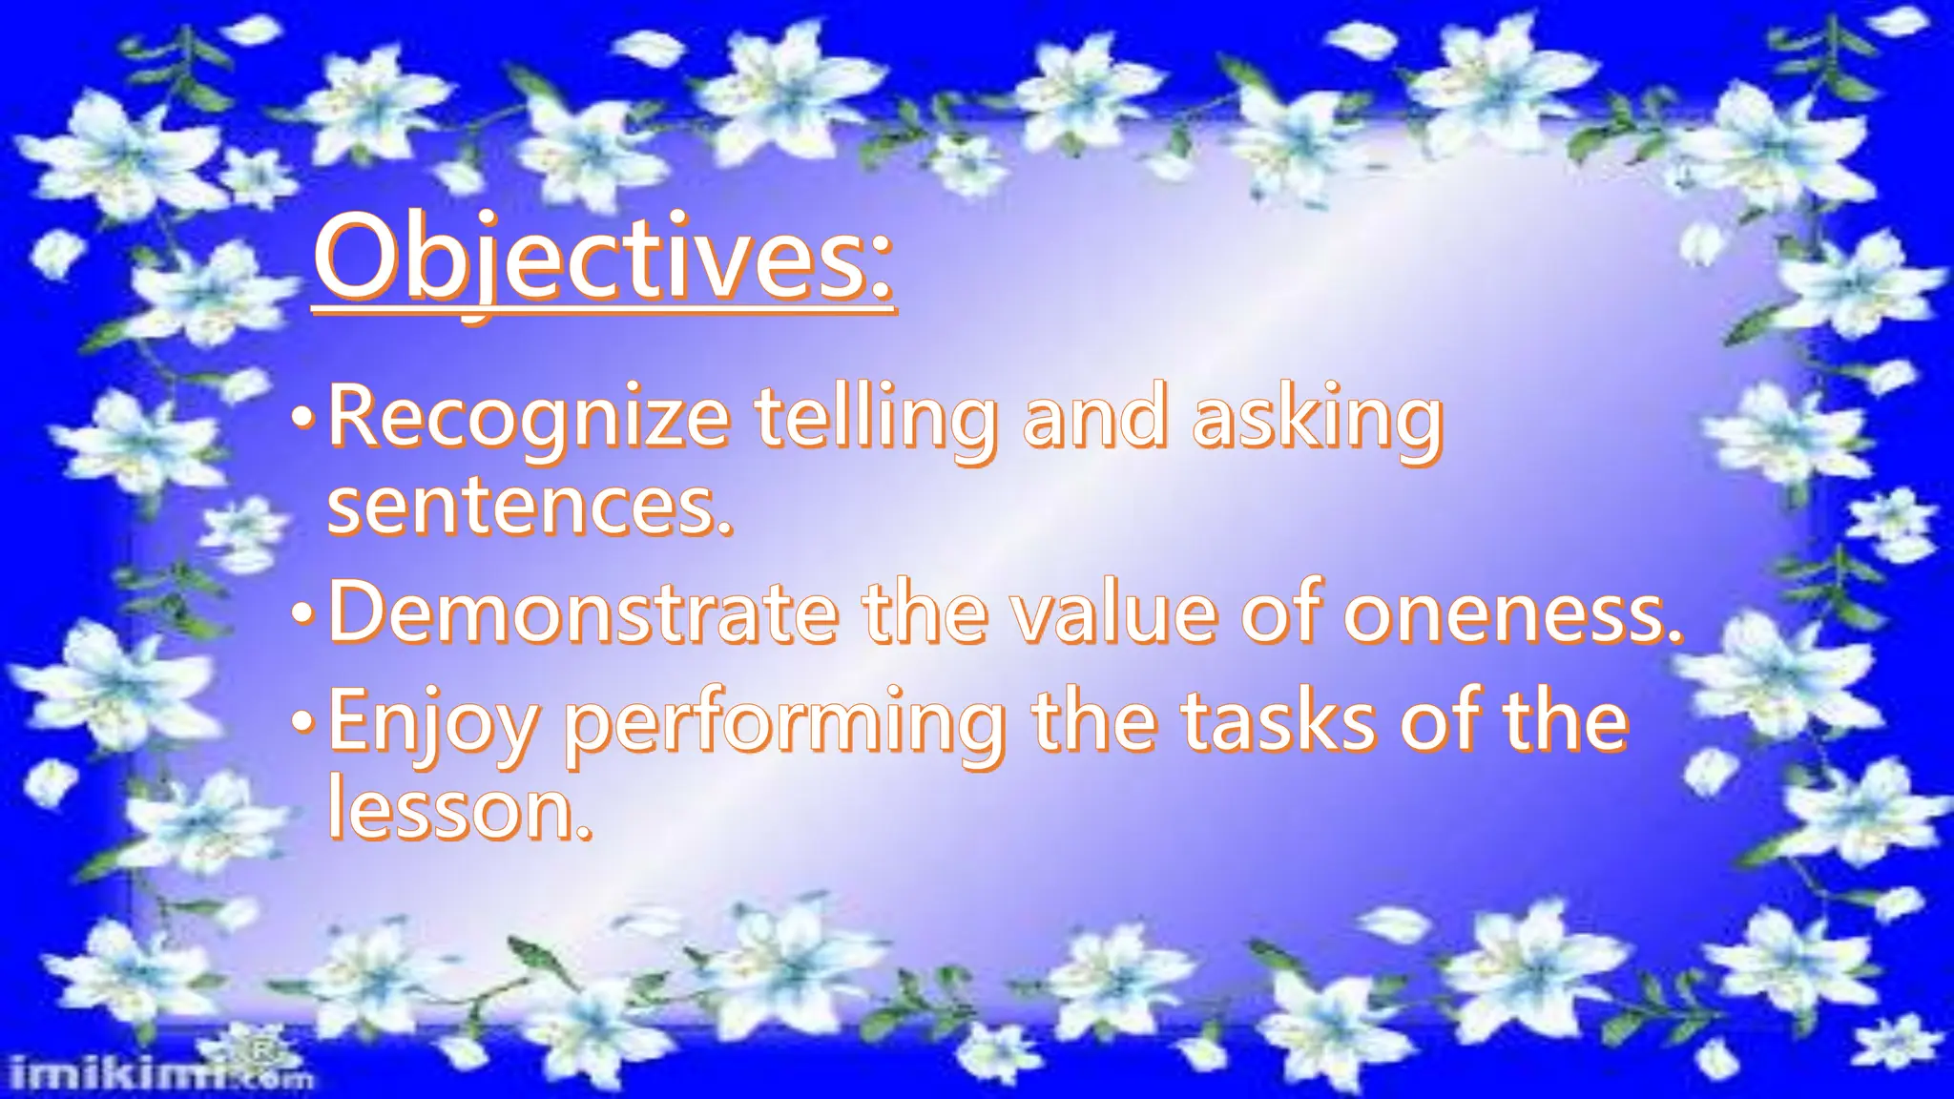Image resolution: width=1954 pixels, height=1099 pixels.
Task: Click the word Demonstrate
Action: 582,612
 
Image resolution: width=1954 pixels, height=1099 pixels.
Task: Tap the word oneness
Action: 1512,612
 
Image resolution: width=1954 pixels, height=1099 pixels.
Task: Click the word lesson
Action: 458,811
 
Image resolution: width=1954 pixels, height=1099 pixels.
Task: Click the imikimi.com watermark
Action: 157,1076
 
